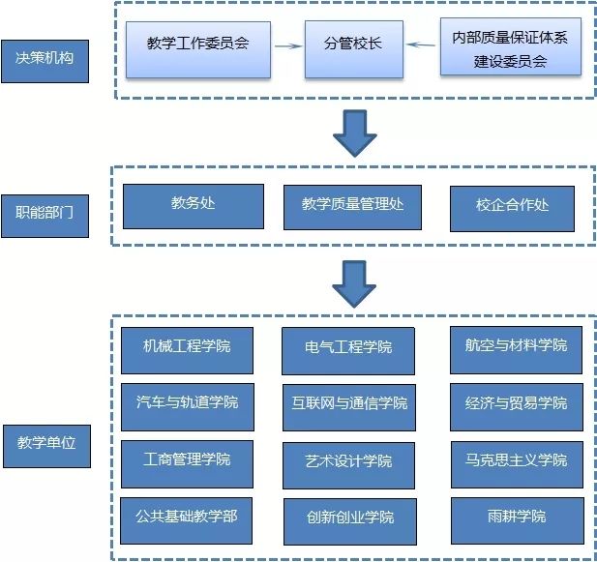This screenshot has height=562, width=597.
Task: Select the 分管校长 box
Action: click(x=353, y=45)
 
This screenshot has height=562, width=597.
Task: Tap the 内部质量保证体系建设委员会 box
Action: click(x=510, y=45)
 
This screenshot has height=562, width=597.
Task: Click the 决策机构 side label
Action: click(x=45, y=59)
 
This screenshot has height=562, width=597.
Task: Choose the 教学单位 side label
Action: click(x=45, y=443)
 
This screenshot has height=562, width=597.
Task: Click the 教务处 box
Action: click(x=193, y=206)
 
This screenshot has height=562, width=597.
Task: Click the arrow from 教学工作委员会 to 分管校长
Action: click(x=285, y=45)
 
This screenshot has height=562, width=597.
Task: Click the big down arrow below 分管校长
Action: click(x=354, y=133)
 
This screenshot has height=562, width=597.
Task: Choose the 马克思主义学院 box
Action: click(x=516, y=463)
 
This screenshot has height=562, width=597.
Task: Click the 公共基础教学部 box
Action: click(x=188, y=519)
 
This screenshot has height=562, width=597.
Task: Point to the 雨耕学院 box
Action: click(x=516, y=519)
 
